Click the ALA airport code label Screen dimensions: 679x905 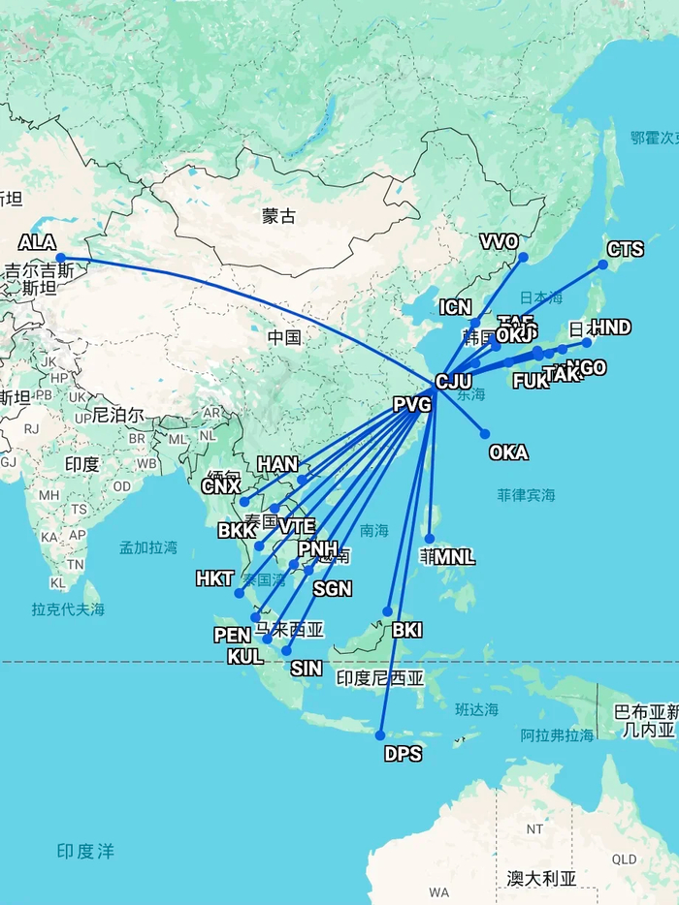38,243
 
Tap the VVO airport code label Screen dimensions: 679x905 500,242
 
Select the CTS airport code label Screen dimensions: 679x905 625,250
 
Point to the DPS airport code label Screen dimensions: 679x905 404,754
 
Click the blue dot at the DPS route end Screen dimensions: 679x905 380,735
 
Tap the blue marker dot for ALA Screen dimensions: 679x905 60,258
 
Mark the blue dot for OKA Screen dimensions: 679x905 485,434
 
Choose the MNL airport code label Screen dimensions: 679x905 454,557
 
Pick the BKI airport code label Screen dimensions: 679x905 407,631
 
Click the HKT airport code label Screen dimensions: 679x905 215,579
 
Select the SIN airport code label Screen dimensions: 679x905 307,669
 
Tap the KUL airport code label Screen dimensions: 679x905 245,656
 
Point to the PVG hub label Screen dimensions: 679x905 412,405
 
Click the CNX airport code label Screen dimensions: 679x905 220,486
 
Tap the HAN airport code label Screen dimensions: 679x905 277,465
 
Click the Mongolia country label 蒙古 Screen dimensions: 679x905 278,216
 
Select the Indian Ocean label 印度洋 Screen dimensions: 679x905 85,852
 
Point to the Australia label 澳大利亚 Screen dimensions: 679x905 541,879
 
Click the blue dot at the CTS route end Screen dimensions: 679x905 602,265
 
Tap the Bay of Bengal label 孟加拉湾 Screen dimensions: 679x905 148,547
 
